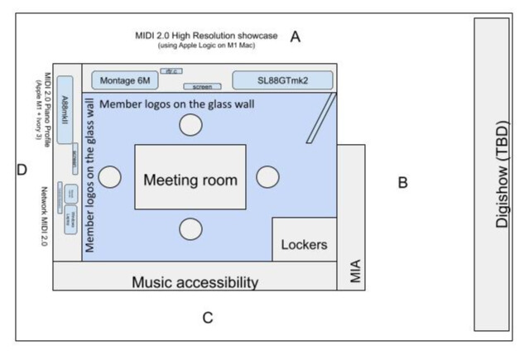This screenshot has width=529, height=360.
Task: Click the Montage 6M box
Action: click(124, 80)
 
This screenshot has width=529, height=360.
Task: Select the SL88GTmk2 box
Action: click(282, 79)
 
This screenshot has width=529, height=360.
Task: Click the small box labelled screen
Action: click(202, 86)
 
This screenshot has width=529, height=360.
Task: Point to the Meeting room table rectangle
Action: click(190, 178)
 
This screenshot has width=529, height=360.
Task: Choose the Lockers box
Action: click(304, 244)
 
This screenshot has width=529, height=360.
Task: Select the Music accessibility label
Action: click(195, 282)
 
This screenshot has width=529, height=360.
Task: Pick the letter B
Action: click(402, 183)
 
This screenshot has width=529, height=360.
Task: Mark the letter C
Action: click(208, 317)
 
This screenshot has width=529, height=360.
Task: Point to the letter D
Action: click(22, 170)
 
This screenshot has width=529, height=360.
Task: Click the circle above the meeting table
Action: click(191, 125)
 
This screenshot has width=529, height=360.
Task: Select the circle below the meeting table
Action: click(191, 228)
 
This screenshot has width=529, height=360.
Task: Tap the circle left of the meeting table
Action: click(110, 177)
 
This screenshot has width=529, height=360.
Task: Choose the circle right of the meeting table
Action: click(267, 177)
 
